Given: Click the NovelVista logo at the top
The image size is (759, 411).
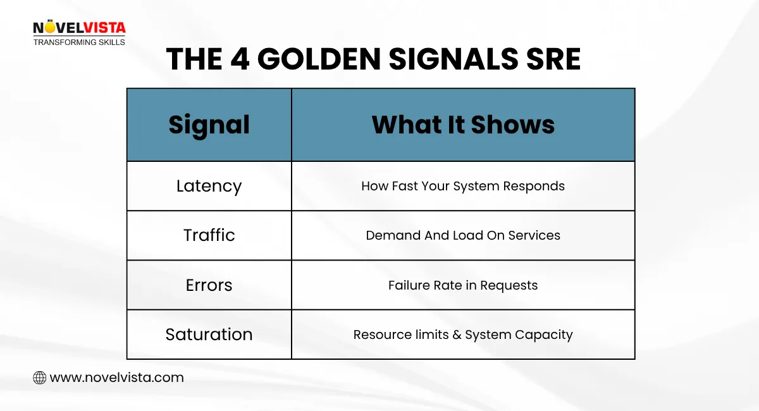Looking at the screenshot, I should coord(79,28).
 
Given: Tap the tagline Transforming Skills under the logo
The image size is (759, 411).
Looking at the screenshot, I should coord(79,42).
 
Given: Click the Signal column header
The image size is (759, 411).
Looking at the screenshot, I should coord(209,125).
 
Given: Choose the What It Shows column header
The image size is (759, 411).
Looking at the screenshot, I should coord(463,125).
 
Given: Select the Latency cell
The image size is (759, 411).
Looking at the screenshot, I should coord(209,186).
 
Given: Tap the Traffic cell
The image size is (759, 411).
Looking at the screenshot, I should coord(209,235).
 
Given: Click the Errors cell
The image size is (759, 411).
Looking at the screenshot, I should coord(209,285).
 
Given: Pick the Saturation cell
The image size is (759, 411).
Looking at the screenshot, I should coord(209,334).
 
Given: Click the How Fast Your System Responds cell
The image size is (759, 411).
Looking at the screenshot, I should coord(463,186).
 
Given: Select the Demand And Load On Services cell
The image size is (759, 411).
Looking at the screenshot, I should coord(463,235).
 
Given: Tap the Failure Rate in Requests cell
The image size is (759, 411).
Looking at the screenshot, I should coord(463,285).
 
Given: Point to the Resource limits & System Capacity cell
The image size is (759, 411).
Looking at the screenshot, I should coord(463,334).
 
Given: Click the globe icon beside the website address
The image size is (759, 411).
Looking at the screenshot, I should coord(39,378).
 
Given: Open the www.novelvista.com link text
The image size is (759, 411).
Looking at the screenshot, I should coord(116,378).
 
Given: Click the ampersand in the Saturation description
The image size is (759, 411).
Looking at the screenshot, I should coord(457,335).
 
